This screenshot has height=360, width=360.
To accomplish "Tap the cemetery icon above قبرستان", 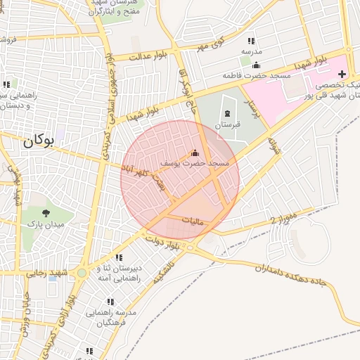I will tap(226, 112).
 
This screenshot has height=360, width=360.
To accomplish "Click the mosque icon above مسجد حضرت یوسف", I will tap(195, 153).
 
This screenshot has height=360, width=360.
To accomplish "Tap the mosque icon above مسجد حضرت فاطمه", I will tap(256, 65).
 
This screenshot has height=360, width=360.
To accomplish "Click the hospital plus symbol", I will tap(342, 74).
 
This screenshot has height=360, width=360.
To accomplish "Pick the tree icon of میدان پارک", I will tap(46, 213).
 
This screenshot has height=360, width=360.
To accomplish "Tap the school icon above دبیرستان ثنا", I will tap(119, 257).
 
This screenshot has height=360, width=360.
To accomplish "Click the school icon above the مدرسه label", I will tap(251, 41).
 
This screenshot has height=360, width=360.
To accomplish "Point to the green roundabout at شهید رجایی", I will tap(82, 273).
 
